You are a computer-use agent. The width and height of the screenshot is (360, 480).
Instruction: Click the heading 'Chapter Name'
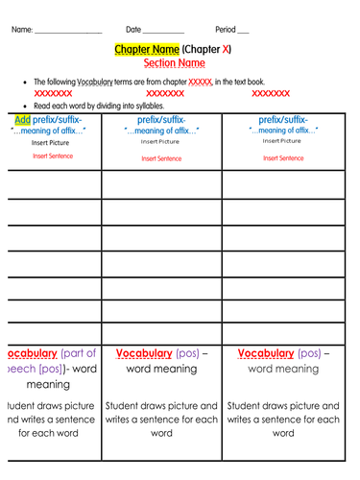point(146,49)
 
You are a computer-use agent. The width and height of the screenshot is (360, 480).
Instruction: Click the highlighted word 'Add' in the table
point(21,120)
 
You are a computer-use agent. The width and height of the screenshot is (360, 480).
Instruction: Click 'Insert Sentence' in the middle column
point(161,158)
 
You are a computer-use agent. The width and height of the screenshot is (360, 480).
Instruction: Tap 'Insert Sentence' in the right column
point(283,158)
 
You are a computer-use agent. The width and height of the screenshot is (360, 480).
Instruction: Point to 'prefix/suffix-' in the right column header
point(283,120)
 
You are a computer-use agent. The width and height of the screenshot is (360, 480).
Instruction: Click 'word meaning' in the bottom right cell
point(283,369)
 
